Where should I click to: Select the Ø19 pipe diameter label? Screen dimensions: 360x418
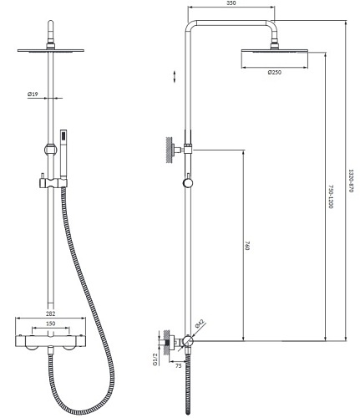[32, 94]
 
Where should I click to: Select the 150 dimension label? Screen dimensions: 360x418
[51, 324]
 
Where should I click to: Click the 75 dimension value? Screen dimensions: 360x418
[179, 365]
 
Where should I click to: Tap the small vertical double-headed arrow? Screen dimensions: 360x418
[173, 76]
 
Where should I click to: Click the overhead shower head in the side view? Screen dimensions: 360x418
[273, 56]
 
